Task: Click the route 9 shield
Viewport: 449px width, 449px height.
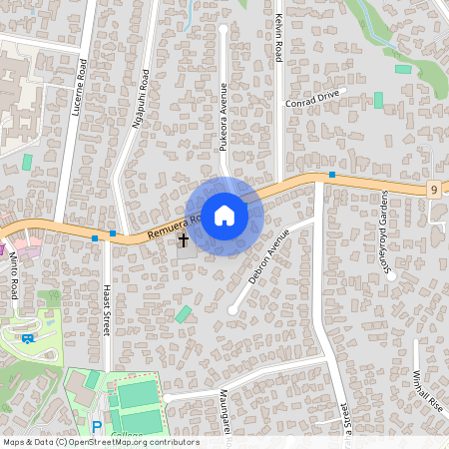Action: tap(436, 189)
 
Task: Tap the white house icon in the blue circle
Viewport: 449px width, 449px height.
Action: tap(224, 216)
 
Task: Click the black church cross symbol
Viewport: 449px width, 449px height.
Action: tap(184, 239)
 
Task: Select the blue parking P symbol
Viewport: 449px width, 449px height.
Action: tap(97, 426)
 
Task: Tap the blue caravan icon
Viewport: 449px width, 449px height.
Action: tap(27, 337)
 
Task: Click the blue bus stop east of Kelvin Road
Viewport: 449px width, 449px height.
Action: tap(331, 176)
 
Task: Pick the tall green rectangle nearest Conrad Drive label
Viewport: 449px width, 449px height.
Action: tap(378, 100)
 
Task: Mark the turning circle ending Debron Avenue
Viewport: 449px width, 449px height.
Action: tap(232, 310)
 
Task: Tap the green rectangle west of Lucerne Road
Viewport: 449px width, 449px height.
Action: tap(27, 162)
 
